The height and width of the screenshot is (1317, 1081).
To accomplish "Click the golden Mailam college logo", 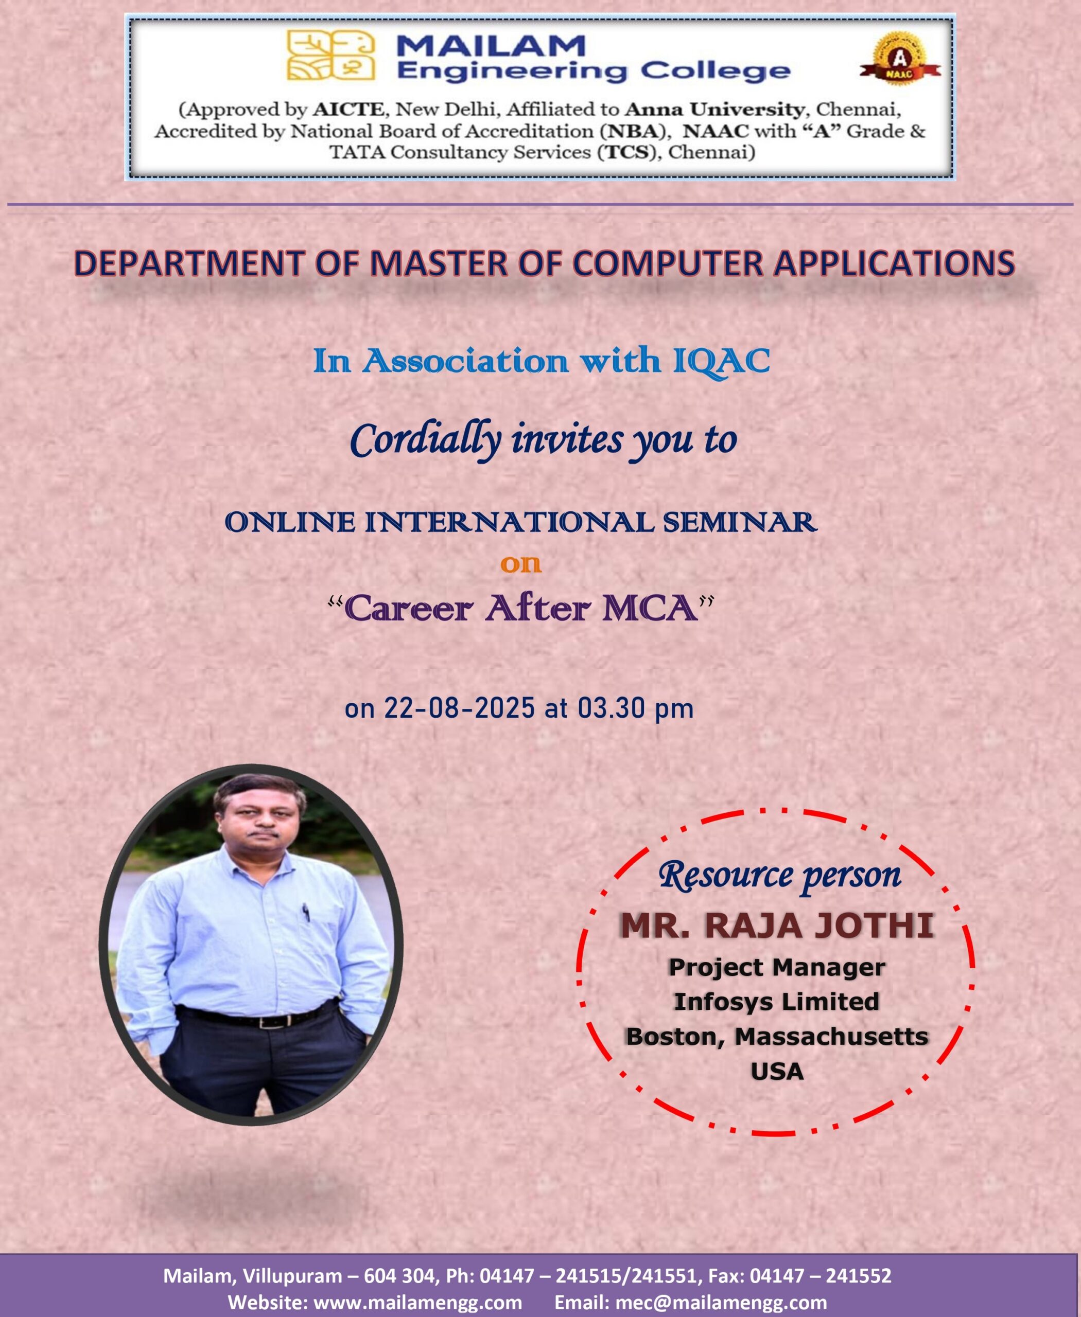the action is (330, 56).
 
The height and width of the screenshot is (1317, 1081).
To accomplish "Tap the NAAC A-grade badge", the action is (900, 60).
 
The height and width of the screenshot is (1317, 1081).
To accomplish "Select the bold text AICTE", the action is (348, 110).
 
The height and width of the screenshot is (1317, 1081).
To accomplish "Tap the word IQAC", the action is (722, 362).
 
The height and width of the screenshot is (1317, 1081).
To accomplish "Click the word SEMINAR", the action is (740, 522).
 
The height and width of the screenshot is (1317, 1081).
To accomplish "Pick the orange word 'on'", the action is (520, 564).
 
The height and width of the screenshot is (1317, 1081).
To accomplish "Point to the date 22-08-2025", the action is (460, 708).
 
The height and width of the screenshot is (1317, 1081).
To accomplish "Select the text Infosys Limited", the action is (776, 1002).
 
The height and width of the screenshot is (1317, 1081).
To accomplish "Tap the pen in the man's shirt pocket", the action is (306, 913).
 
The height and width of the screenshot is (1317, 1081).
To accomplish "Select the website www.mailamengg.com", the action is (418, 1302).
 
